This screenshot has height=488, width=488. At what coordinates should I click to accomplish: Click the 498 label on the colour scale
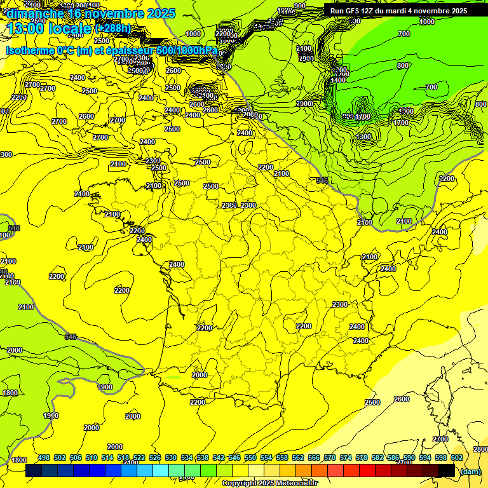pyautogui.click(x=44, y=457)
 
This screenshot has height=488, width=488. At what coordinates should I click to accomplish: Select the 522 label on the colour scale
pyautogui.click(x=139, y=457)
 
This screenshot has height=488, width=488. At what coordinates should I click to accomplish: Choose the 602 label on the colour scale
pyautogui.click(x=457, y=457)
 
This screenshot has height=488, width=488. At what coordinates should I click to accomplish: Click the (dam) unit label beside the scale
pyautogui.click(x=471, y=471)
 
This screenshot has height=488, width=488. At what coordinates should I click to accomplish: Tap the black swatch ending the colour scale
pyautogui.click(x=447, y=470)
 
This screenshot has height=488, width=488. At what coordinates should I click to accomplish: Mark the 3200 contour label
pyautogui.click(x=447, y=179)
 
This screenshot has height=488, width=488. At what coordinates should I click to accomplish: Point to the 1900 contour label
pyautogui.click(x=51, y=416)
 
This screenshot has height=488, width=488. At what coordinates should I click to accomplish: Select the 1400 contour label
pyautogui.click(x=338, y=80)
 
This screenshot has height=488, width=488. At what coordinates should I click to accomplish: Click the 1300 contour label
pyautogui.click(x=363, y=137)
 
